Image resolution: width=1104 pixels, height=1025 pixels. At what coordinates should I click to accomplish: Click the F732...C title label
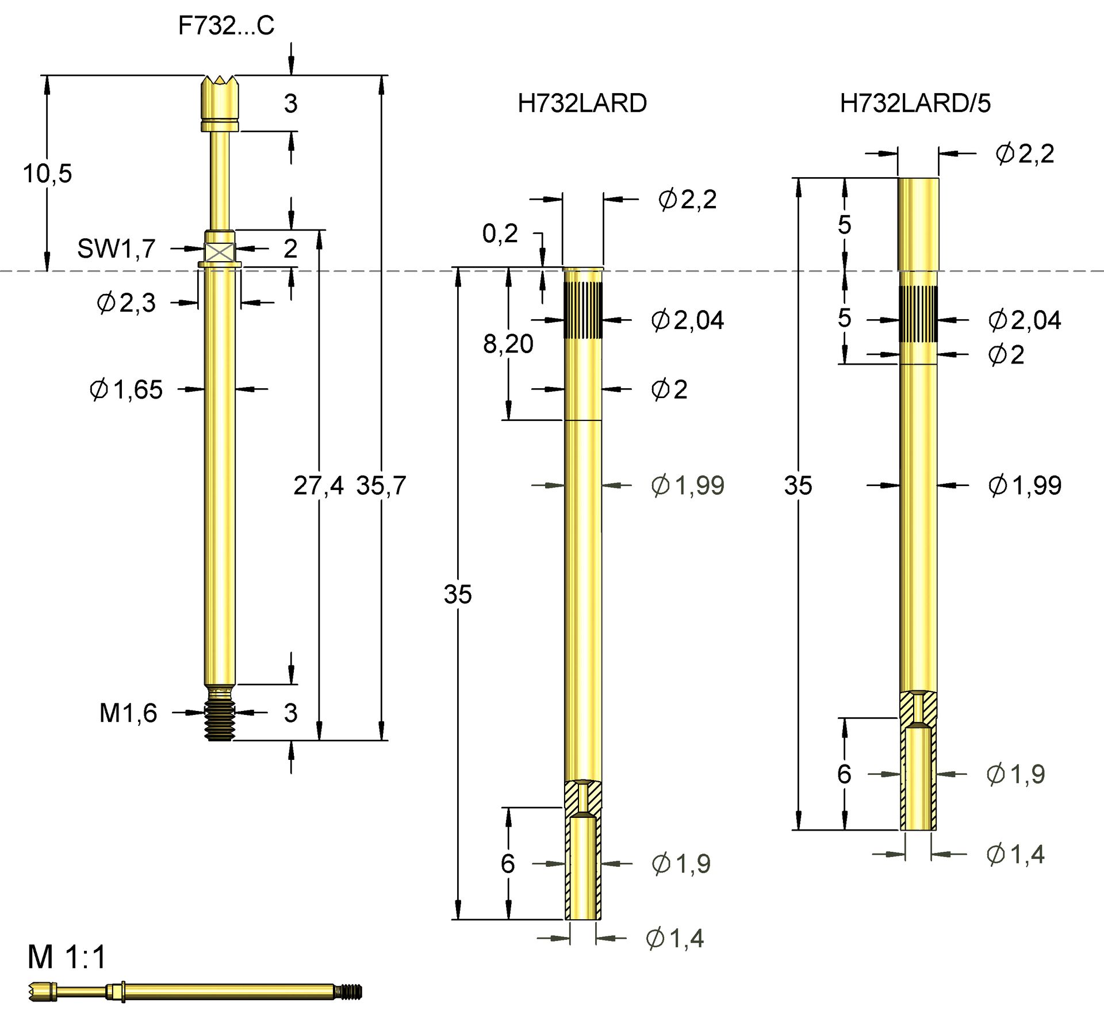pos(226,26)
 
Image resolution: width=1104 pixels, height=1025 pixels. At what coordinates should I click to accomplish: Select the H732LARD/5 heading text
pos(915,104)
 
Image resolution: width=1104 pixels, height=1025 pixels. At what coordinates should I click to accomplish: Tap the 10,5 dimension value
pos(47,174)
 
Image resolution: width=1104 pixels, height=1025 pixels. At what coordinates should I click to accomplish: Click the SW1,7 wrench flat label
pos(116,248)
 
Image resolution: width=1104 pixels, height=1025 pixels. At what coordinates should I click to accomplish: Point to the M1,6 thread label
pos(128,713)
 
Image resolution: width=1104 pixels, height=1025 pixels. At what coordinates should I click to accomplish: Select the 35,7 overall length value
pos(381,485)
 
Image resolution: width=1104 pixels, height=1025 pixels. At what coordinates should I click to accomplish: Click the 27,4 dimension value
pos(318,485)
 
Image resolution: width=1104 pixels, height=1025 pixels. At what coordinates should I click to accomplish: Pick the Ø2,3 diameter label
pos(126,303)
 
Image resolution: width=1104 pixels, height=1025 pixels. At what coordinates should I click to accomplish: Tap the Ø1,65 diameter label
pos(126,390)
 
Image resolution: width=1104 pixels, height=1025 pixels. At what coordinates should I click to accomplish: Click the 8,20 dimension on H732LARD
pos(508,344)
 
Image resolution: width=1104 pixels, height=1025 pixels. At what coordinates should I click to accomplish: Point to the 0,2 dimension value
pos(500,234)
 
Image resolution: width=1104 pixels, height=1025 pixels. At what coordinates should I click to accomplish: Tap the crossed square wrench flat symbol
pos(220,252)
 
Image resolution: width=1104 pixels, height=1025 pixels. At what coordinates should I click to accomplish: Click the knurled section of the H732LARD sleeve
pos(582,311)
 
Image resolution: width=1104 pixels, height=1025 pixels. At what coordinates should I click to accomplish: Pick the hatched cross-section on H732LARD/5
pos(918,709)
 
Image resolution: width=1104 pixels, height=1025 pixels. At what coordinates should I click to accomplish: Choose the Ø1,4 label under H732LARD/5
pos(1015,855)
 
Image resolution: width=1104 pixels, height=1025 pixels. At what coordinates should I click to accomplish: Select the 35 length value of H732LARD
pos(458,595)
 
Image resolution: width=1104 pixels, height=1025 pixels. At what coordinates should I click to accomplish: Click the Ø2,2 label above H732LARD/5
pos(1025,154)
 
